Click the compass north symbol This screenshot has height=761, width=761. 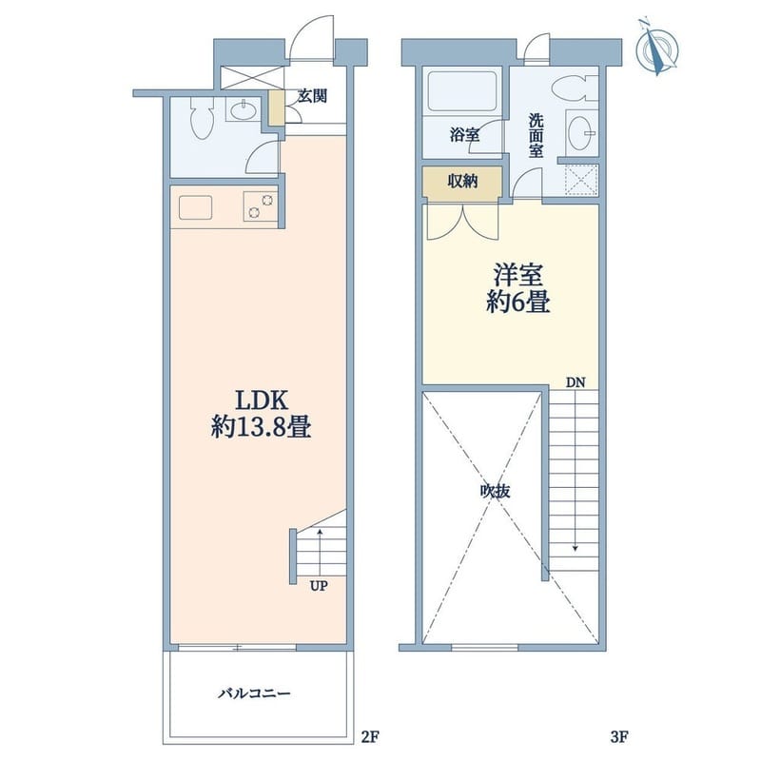pos(657,47)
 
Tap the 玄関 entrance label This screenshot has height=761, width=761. pos(312,96)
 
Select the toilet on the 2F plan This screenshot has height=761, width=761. pos(202,118)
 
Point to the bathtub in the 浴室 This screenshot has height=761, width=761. pos(461,92)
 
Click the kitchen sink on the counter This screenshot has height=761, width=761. pos(196,207)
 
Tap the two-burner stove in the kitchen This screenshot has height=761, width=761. pos(261,206)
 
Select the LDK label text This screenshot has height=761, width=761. pos(262,400)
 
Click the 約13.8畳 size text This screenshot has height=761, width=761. pos(261,428)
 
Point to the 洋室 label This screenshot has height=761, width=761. pos(517,275)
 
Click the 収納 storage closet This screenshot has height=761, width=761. pos(462,182)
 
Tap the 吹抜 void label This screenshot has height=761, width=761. pos(495,491)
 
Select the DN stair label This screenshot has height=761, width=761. pos(576,382)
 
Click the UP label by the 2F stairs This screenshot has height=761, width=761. pos(319,586)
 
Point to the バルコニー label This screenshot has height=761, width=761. pos(254,693)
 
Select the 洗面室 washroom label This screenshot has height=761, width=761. pos(536,135)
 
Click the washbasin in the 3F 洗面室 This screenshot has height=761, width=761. pos(581,131)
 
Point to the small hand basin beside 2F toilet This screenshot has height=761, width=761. pos(244,111)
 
